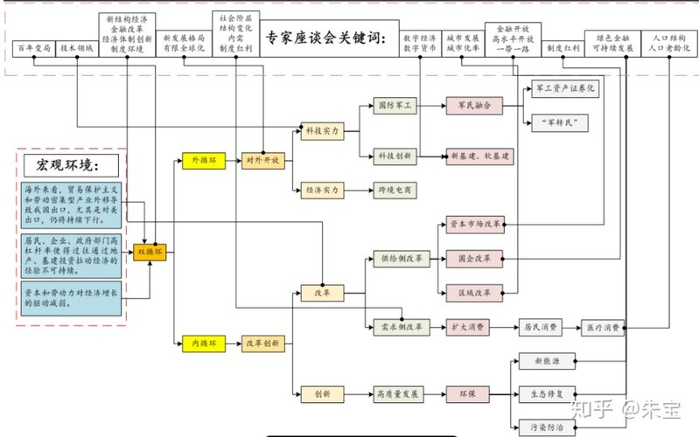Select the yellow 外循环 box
(203, 161)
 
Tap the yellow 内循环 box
(203, 344)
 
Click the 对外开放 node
(262, 161)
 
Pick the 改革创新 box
(262, 344)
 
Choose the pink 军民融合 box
(474, 105)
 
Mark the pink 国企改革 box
(474, 259)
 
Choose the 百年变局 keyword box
(34, 47)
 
